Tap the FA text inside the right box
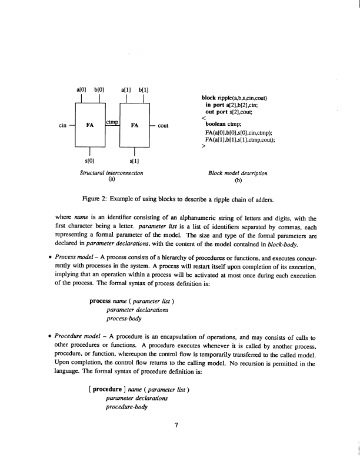coord(134,125)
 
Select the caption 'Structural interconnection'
coord(112,173)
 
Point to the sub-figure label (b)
coord(238,181)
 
